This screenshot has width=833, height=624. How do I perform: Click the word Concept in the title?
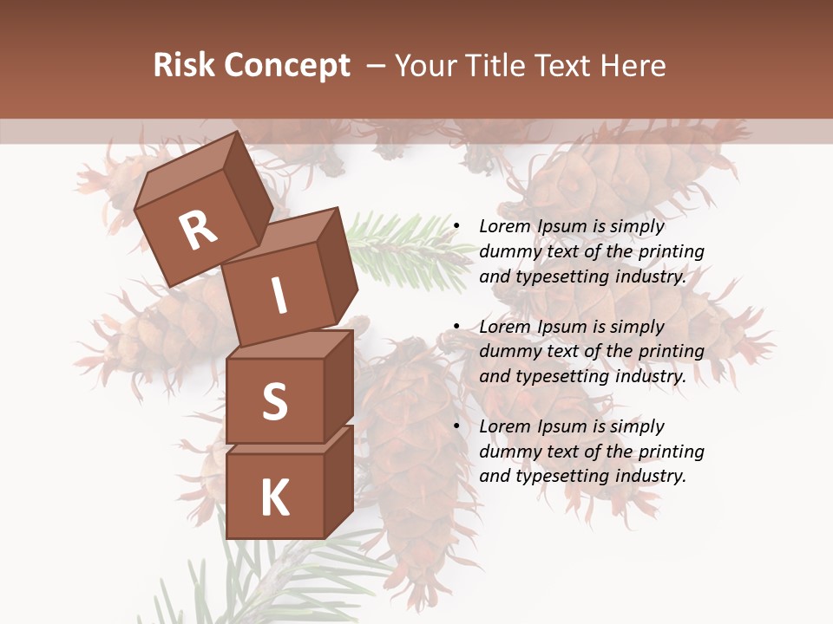click(286, 67)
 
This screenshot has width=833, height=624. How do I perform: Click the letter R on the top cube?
click(198, 230)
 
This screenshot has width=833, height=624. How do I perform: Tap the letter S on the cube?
click(274, 401)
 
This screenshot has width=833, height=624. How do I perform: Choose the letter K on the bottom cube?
click(274, 498)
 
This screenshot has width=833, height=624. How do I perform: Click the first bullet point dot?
click(456, 227)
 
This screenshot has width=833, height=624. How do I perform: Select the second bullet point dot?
click(456, 327)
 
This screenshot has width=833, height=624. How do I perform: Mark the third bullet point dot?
click(456, 426)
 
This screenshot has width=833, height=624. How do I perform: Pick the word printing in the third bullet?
click(671, 451)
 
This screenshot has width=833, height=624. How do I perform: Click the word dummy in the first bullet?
click(509, 251)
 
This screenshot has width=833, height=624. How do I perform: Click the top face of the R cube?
click(187, 173)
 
